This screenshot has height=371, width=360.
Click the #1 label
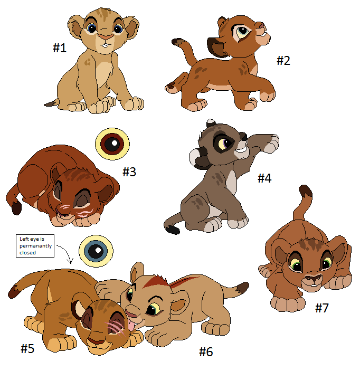(60, 48)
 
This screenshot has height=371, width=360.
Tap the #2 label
(283, 60)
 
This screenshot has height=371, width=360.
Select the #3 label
(129, 172)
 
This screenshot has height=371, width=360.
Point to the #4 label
(264, 178)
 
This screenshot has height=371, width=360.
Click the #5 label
(27, 348)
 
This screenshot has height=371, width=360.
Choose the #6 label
(206, 352)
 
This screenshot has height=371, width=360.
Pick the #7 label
(322, 308)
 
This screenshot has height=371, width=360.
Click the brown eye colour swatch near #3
(112, 144)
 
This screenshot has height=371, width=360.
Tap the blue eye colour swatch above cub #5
(96, 251)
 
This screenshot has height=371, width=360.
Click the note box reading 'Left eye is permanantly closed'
(35, 246)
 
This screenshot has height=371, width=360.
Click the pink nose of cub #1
(106, 37)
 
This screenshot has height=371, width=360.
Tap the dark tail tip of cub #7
(306, 192)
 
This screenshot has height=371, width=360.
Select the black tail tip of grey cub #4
(172, 230)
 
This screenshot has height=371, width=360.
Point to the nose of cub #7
(314, 278)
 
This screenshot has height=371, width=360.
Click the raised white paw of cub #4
(271, 143)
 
